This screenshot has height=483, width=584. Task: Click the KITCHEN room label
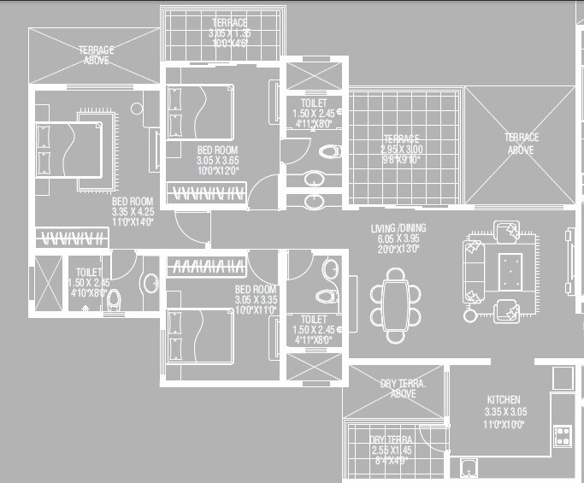(x=504, y=399)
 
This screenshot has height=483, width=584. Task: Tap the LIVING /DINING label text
(x=398, y=228)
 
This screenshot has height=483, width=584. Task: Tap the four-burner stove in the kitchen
(x=563, y=435)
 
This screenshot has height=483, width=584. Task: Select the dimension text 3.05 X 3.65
(x=217, y=160)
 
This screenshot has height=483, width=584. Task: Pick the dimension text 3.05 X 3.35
(x=255, y=300)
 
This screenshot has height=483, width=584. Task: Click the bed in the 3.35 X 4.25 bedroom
(x=68, y=151)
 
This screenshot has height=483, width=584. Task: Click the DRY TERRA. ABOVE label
(x=398, y=389)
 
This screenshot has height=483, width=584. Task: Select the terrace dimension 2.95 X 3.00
(x=402, y=150)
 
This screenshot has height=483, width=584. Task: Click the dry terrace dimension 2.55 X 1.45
(x=392, y=451)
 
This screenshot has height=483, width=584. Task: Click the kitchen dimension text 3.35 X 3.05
(x=504, y=411)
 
